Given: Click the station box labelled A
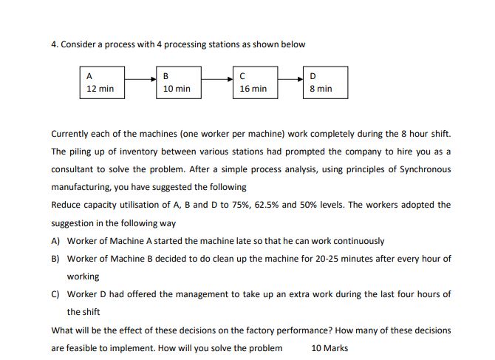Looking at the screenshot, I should click(101, 82).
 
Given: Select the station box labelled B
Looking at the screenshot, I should click(178, 82).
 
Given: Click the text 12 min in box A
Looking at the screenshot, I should click(100, 89).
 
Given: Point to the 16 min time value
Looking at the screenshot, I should click(253, 89).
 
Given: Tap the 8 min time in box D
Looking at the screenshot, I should click(321, 89).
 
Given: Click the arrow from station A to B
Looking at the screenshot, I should click(140, 77).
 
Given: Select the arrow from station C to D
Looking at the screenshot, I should click(290, 77).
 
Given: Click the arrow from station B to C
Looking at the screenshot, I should click(216, 77).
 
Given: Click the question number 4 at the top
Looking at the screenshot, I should click(54, 44).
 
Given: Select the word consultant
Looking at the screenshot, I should click(74, 169).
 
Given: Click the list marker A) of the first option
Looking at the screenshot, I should click(56, 241).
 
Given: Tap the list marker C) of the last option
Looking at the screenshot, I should click(56, 294).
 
